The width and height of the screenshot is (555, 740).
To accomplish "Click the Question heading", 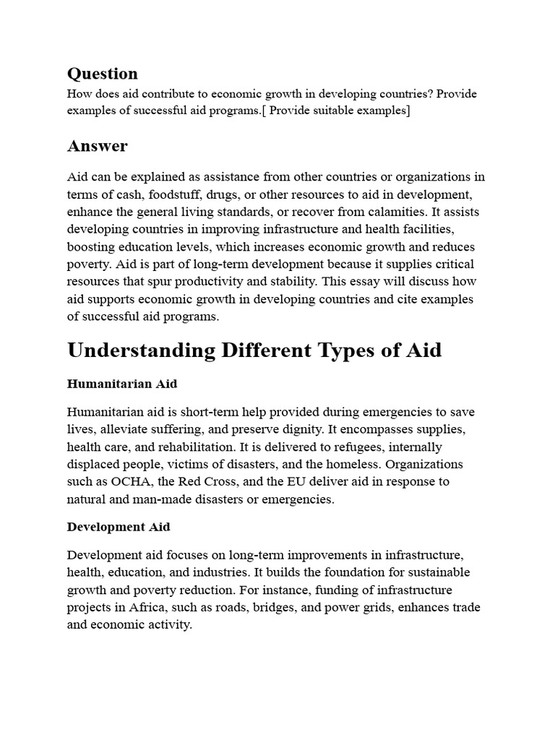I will pos(102,74).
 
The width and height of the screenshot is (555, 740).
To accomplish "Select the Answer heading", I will pos(97,146).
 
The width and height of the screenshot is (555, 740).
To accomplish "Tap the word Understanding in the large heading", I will pos(142,350).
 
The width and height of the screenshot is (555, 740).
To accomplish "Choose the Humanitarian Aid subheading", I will pos(121,384).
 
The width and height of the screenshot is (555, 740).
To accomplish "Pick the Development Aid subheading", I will pos(119,527).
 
